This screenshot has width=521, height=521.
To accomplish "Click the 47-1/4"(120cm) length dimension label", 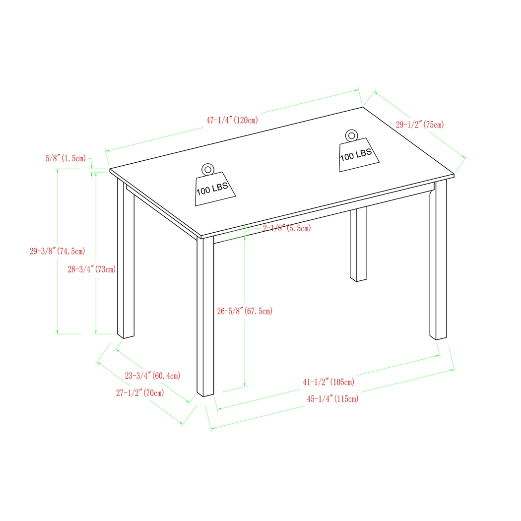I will coord(232,120).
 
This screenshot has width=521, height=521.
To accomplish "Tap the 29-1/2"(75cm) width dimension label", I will coord(419,125).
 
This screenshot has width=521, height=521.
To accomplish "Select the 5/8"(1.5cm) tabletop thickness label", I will coord(65,158).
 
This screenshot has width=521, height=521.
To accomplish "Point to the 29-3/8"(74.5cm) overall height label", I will coord(57,252).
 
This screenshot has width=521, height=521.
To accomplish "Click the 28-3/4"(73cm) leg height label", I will coord(92,269).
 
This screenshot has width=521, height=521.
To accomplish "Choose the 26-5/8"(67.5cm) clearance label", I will coord(245,311).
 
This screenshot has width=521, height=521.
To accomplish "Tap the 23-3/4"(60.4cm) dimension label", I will coord(152,376).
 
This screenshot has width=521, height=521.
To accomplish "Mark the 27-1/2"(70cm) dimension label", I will coord(140,393).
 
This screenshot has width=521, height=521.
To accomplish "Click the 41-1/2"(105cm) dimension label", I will coord(328,382).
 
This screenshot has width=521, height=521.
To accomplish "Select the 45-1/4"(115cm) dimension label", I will coord(332,398).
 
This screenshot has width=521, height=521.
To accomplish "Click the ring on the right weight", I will coord(351,135).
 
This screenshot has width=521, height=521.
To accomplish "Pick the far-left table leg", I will coord(126,258).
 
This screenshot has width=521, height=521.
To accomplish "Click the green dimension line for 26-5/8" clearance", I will coord(245,347).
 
